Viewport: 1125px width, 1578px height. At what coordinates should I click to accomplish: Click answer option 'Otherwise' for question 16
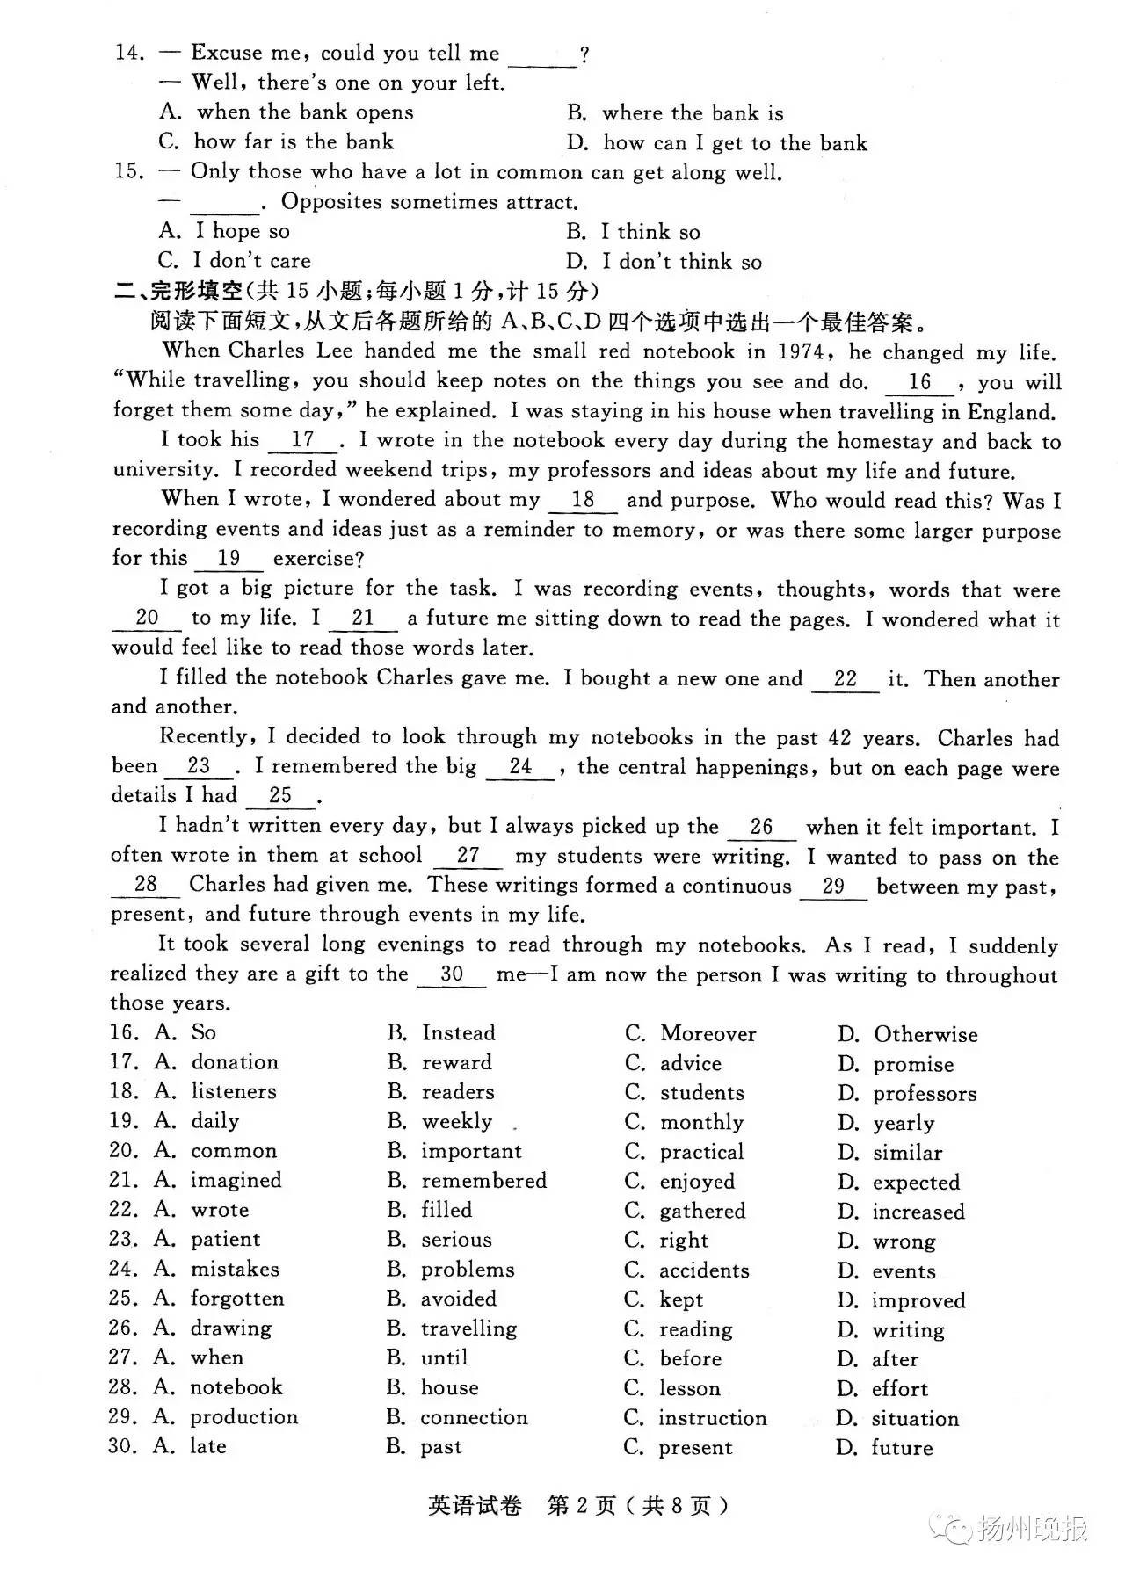point(925,1034)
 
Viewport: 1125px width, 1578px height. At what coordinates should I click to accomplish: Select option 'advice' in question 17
point(690,1063)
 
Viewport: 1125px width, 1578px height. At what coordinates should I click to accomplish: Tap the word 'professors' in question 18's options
point(924,1094)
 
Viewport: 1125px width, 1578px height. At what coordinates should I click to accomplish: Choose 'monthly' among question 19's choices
point(700,1123)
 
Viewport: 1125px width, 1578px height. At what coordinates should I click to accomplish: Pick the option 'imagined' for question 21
point(236,1180)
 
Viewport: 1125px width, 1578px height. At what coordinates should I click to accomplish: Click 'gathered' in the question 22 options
point(701,1212)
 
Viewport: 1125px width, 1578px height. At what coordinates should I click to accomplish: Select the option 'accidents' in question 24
point(704,1270)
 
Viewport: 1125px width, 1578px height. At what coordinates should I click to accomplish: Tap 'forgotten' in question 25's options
point(236,1299)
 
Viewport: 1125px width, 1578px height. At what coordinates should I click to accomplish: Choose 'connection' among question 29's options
point(474,1417)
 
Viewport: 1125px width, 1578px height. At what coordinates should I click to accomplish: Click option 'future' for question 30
point(902,1447)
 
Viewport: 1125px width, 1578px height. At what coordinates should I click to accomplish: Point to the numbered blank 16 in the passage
point(919,383)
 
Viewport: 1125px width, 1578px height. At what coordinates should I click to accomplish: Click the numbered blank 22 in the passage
point(845,680)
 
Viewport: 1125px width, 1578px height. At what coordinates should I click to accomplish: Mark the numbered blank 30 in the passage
point(452,974)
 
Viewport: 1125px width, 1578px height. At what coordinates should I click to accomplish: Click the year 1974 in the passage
point(801,352)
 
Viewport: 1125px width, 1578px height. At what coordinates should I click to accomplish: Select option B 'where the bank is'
point(693,113)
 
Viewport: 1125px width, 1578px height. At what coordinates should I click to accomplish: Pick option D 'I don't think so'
point(681,262)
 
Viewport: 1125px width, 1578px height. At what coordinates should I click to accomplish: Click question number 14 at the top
point(129,53)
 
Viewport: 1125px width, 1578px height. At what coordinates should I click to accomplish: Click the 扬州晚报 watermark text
point(1032,1530)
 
